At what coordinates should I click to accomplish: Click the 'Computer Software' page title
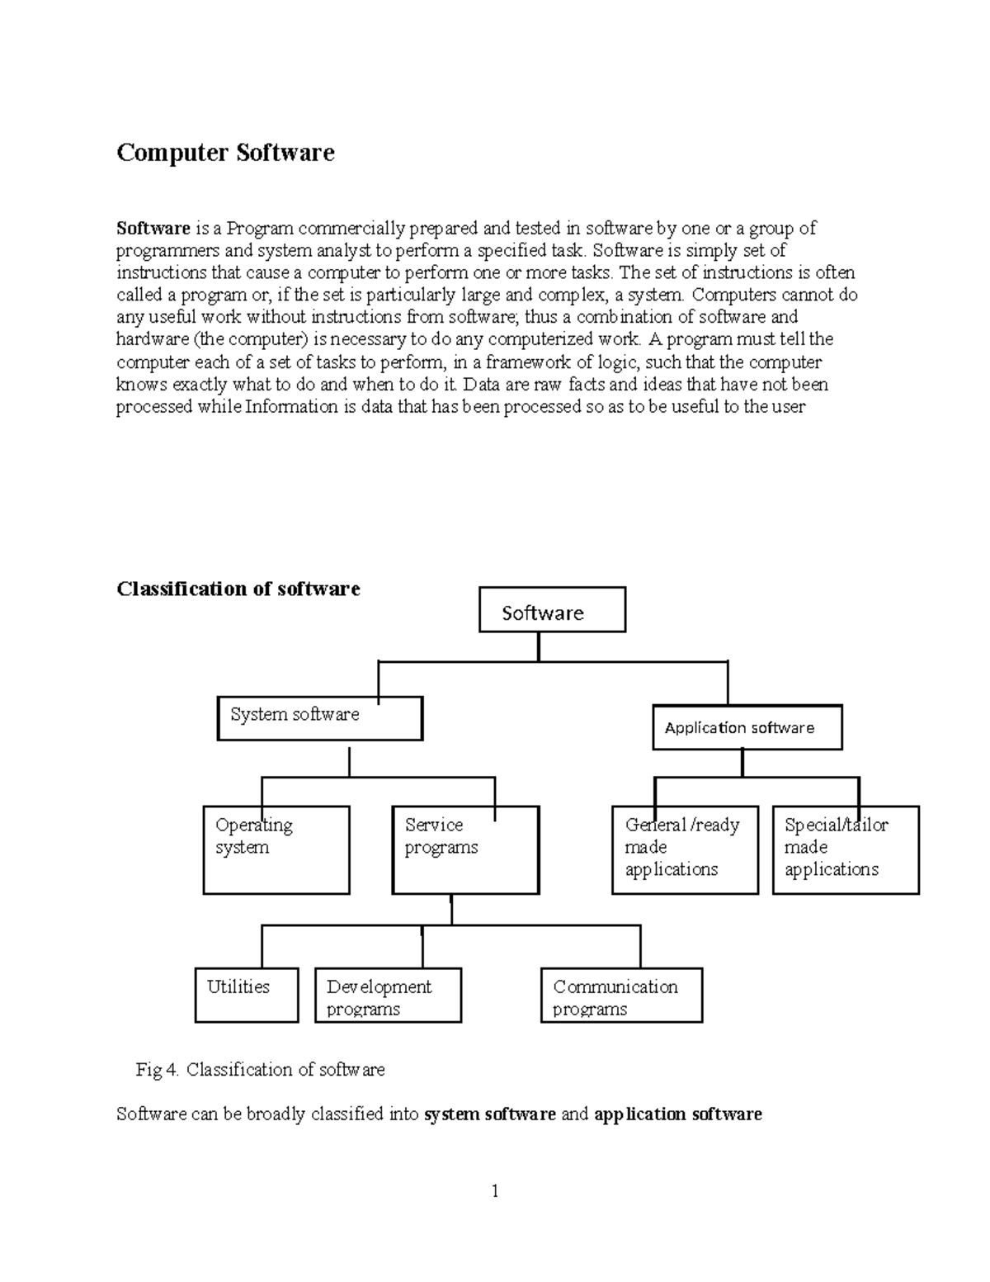click(225, 153)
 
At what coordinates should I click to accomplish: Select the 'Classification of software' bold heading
click(238, 589)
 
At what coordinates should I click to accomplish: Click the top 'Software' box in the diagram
click(552, 610)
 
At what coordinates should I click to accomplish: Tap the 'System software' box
click(320, 718)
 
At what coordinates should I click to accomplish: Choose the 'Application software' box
click(747, 727)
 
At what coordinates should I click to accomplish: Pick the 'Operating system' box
click(276, 850)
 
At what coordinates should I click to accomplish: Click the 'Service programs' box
click(465, 850)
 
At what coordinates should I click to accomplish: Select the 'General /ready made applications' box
click(685, 850)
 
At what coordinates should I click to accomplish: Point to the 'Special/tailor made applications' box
click(846, 850)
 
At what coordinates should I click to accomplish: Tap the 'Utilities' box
click(247, 995)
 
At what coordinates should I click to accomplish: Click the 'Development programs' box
click(388, 996)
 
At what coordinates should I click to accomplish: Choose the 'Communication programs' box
click(621, 996)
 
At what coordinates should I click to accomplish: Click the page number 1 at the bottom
click(495, 1190)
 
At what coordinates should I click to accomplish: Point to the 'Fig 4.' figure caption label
click(158, 1070)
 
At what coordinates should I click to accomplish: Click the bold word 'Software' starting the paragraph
click(153, 228)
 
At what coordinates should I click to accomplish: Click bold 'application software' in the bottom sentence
click(677, 1114)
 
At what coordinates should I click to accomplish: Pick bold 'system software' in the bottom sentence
click(489, 1114)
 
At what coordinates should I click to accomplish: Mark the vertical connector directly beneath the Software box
click(539, 646)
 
